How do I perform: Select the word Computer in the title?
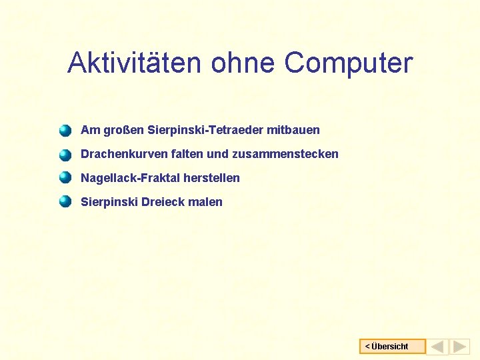[349, 63]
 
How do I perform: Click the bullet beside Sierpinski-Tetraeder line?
[65, 130]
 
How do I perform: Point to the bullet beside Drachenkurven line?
[65, 155]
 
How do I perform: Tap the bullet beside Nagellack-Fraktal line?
[65, 178]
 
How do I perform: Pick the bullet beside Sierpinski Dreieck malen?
[65, 202]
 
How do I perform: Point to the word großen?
[123, 130]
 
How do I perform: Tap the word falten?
[187, 154]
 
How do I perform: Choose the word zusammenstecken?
[285, 154]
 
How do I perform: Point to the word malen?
[205, 202]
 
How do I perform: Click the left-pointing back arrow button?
[438, 347]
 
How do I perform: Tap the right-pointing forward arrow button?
[460, 347]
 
